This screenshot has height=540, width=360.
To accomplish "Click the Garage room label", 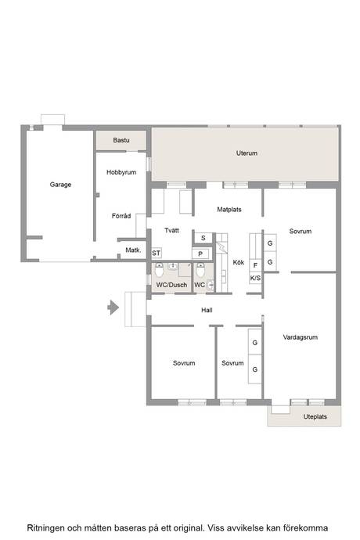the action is click(60, 185).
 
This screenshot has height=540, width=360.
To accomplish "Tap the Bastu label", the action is click(121, 140).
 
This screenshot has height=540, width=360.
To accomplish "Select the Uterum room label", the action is click(247, 153).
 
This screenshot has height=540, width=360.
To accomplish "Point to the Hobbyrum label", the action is click(121, 172).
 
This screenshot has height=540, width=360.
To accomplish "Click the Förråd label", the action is click(121, 216).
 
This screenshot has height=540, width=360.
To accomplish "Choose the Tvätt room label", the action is click(171, 230).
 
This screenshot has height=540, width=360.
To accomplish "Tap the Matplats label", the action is click(229, 210).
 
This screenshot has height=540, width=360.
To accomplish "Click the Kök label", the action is click(239, 262).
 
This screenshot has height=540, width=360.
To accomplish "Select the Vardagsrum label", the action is click(301, 337).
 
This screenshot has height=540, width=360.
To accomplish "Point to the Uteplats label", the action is click(315, 416).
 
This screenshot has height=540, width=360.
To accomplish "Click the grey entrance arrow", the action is click(113, 308).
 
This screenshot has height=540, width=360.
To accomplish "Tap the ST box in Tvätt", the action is click(157, 253).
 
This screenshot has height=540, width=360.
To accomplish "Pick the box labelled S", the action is click(203, 238).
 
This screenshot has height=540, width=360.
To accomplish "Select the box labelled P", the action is click(200, 254).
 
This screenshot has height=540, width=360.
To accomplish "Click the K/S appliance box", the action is click(255, 278).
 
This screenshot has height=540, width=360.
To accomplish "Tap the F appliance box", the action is click(255, 265).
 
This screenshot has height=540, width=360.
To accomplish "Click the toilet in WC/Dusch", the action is click(159, 270).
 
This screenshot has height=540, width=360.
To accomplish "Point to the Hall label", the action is click(207, 310).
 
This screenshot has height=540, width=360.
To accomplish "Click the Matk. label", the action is click(133, 250).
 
